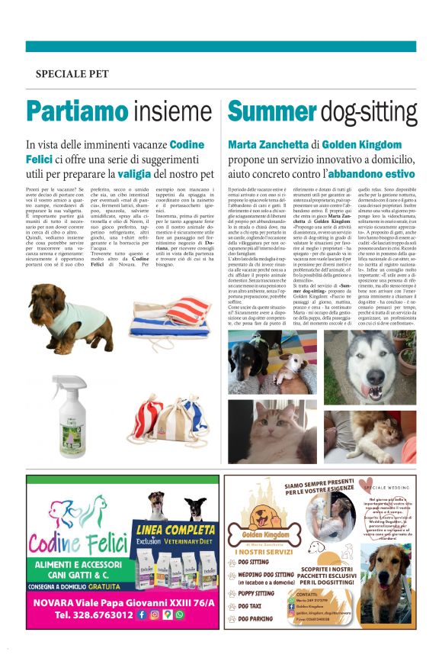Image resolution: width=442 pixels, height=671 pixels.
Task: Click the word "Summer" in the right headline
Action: (273, 112)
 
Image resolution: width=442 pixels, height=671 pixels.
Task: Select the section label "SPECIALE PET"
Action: (72, 74)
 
